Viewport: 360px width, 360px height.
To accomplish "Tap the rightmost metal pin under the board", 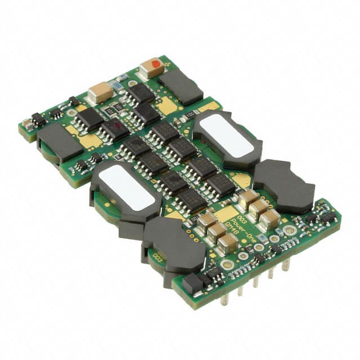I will pos(285,264).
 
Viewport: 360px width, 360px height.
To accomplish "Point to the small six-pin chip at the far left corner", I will pos(38,119).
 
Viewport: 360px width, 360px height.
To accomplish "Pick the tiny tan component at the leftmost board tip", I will pos(26,125).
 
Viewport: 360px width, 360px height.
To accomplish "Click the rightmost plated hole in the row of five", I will pos(289,230).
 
